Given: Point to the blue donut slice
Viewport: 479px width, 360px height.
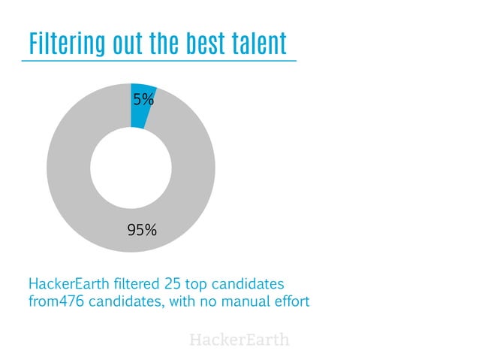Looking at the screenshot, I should coord(141,104).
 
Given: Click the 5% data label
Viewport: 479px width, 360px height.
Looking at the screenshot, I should coord(144,98).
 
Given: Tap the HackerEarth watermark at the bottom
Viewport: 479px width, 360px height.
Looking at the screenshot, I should coord(239,340).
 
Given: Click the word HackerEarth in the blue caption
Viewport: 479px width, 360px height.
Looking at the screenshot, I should coord(71,286).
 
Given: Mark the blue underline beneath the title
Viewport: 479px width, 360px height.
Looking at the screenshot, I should coord(158,60).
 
